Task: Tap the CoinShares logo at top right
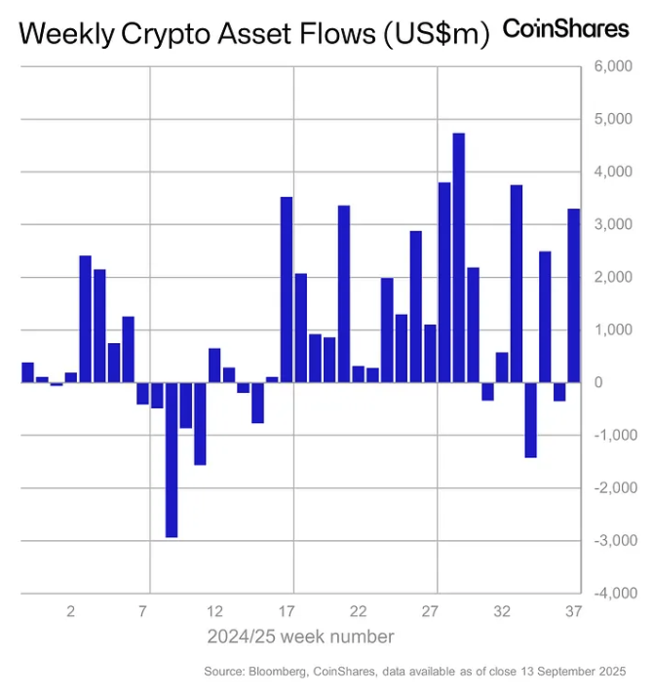[x=565, y=29]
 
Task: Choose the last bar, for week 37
[x=574, y=295]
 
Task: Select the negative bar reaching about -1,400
[x=530, y=419]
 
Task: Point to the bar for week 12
[x=214, y=366]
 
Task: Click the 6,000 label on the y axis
[x=613, y=67]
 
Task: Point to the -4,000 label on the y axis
[x=611, y=593]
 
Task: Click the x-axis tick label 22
[x=358, y=612]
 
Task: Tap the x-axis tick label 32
[x=502, y=612]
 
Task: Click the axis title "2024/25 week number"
[x=300, y=637]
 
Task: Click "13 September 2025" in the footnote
[x=576, y=672]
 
